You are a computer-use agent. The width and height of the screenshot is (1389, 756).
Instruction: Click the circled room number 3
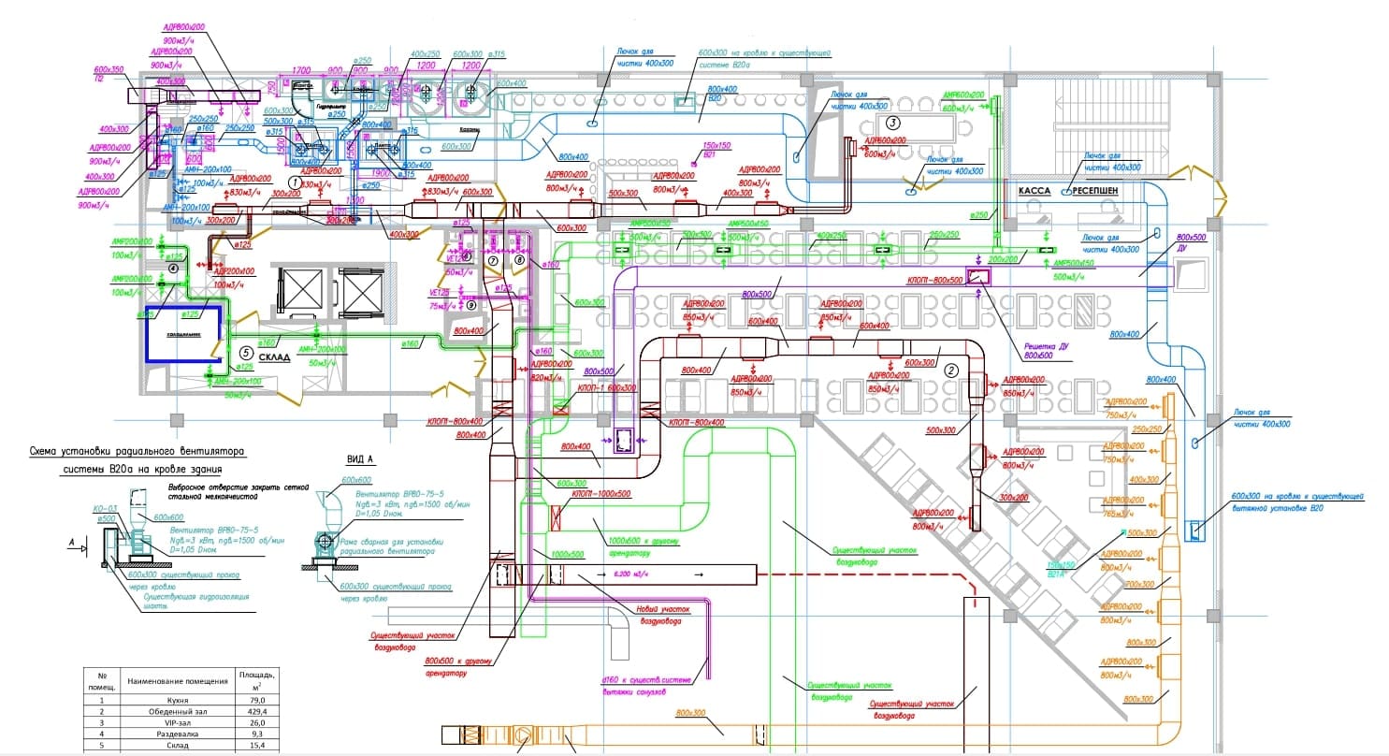click(893, 123)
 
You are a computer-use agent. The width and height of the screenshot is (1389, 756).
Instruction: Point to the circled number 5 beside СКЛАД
click(246, 353)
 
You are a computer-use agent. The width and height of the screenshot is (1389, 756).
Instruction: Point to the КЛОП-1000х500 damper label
click(601, 493)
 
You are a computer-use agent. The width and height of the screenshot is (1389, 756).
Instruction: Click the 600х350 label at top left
click(109, 69)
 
